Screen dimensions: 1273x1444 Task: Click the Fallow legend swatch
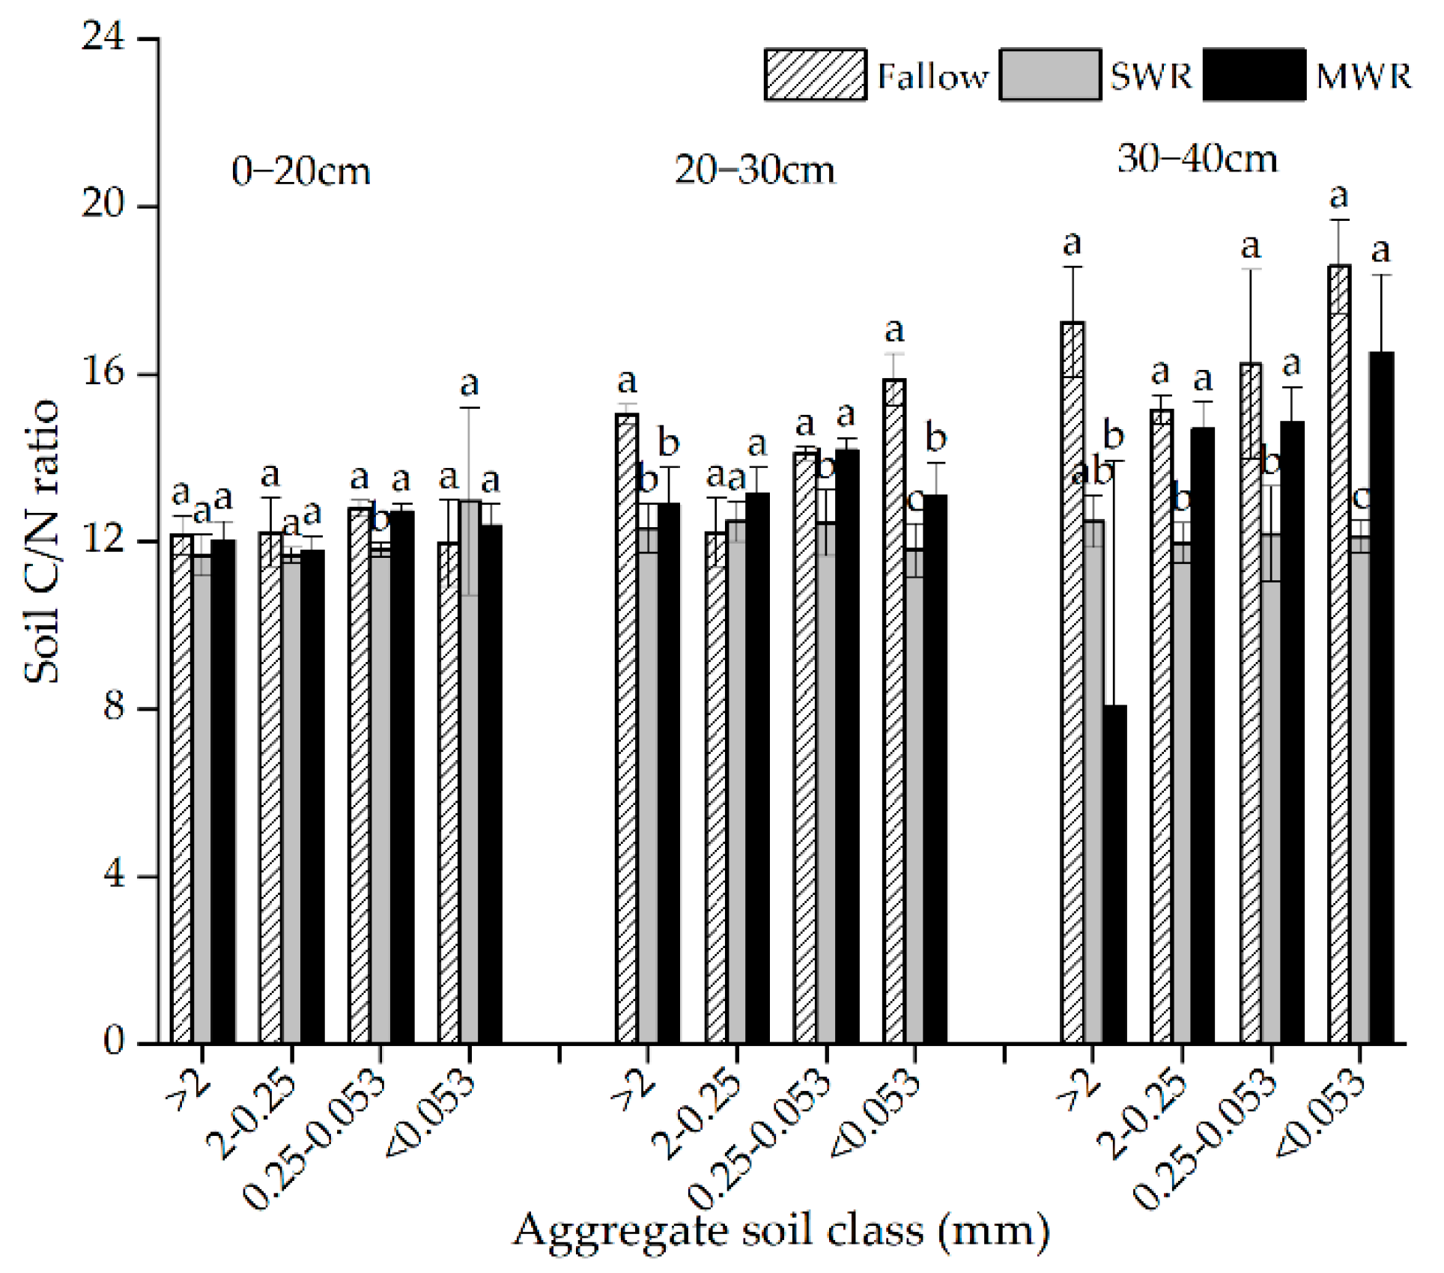click(x=815, y=75)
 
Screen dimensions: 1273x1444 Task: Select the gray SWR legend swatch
click(x=1050, y=75)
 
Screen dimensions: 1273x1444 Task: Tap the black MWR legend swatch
click(x=1254, y=75)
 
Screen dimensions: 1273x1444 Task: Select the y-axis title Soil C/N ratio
click(x=42, y=541)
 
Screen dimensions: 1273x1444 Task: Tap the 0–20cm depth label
click(x=301, y=172)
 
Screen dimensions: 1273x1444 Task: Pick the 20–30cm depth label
click(x=754, y=171)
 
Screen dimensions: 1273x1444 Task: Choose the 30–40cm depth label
click(x=1197, y=159)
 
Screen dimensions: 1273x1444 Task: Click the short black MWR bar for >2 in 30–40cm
click(x=1114, y=873)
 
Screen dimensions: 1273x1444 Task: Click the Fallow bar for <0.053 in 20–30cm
click(x=894, y=711)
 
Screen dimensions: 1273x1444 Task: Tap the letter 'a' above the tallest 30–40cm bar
click(x=1338, y=197)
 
